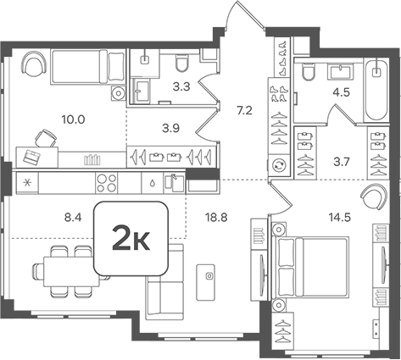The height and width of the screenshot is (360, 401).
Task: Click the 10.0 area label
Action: (x=75, y=119)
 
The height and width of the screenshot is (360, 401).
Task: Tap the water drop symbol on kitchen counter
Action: (x=150, y=183)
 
